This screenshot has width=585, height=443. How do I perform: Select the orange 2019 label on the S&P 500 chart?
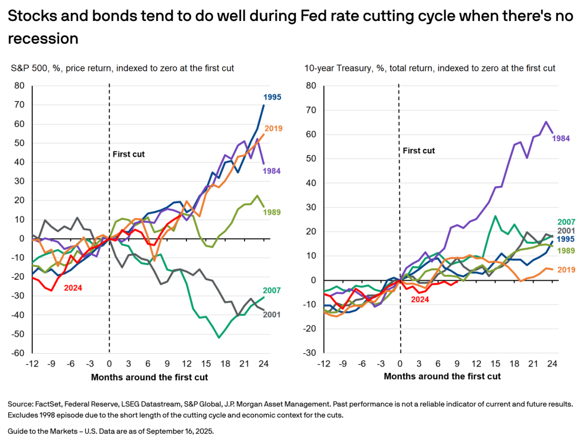(x=272, y=128)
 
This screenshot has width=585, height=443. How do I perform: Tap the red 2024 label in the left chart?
(x=74, y=288)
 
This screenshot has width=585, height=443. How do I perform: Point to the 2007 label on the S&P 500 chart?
(x=272, y=290)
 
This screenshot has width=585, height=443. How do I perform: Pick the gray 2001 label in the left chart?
(x=272, y=315)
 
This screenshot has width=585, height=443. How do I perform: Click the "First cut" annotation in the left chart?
(x=129, y=154)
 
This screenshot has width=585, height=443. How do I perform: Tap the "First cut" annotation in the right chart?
(x=418, y=151)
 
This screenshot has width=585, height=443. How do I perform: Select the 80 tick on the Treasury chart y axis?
(x=310, y=85)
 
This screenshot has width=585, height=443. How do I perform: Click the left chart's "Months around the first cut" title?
(x=149, y=377)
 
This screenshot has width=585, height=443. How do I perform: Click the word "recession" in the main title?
(x=43, y=39)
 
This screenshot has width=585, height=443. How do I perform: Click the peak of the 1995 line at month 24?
(x=263, y=105)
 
